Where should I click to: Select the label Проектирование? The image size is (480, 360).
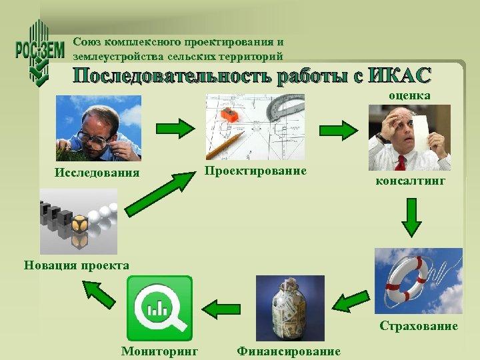[x=255, y=171]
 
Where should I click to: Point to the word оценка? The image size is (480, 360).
[x=410, y=96]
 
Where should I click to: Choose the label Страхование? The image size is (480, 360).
[x=419, y=326]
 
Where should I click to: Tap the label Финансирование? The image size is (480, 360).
[x=288, y=351]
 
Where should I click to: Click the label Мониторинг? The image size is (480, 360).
[x=159, y=351]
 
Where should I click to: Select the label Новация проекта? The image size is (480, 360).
[x=77, y=265]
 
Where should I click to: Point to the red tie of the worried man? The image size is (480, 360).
[x=403, y=162]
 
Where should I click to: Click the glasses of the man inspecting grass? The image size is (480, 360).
[x=92, y=138]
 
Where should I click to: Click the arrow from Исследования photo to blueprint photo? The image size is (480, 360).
[x=173, y=128]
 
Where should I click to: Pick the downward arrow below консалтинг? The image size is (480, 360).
[x=411, y=217]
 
